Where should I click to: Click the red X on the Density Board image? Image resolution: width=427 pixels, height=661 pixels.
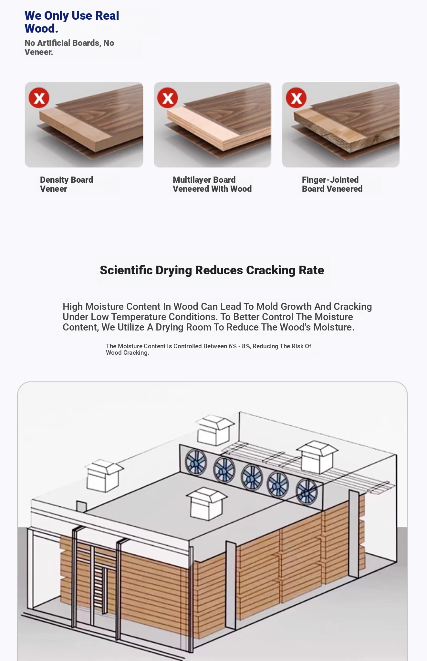tap(39, 98)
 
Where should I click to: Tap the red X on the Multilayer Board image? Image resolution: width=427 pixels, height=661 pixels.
tap(168, 98)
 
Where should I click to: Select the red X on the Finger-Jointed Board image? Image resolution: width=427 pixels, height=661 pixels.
tap(296, 98)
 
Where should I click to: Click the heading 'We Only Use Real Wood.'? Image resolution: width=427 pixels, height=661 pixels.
tap(72, 22)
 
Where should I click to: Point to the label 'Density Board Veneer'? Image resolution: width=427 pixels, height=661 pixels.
tap(67, 184)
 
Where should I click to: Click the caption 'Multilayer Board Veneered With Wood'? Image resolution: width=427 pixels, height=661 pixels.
tap(212, 184)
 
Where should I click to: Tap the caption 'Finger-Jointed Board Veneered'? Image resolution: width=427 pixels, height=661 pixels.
tap(332, 184)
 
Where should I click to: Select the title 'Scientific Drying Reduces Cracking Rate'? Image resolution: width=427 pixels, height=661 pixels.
tap(212, 270)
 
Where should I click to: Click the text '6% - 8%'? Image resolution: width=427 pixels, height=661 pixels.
tap(239, 346)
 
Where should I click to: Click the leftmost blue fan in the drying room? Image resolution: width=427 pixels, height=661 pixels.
tap(196, 462)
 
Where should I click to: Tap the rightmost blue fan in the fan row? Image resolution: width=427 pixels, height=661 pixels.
tap(307, 491)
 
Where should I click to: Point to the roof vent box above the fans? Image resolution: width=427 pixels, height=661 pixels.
tap(215, 430)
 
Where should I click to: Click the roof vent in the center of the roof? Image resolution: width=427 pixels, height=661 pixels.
tap(207, 503)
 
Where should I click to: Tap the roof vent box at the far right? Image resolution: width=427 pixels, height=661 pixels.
tap(318, 457)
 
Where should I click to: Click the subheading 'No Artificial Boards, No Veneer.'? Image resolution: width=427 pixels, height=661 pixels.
tap(69, 47)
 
